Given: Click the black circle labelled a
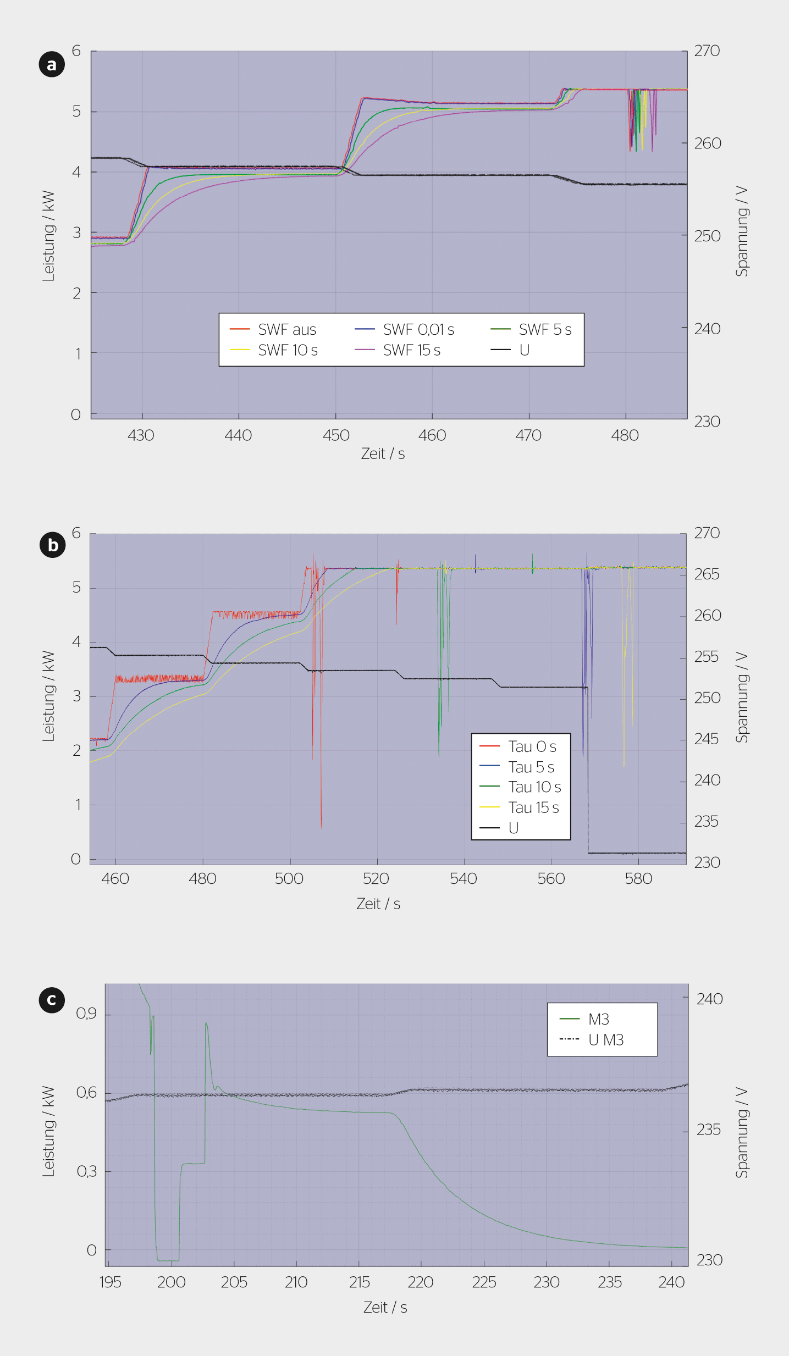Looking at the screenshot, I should [x=52, y=64].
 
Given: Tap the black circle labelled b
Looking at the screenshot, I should [x=52, y=545].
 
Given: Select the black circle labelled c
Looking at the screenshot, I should [x=52, y=999].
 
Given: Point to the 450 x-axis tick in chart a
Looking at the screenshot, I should [x=336, y=435].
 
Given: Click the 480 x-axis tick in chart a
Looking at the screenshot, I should [x=625, y=435].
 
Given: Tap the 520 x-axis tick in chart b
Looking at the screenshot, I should [x=376, y=878].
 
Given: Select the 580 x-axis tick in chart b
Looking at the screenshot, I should [x=638, y=878].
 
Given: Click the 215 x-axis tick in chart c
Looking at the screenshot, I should [x=359, y=1282].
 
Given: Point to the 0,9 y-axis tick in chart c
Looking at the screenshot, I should [x=86, y=1014].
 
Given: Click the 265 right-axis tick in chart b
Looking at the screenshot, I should [x=707, y=574].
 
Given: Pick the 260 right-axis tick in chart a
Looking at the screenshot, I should [x=707, y=143].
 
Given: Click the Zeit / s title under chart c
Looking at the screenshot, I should [x=385, y=1307].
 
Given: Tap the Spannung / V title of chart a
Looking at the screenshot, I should [x=742, y=231].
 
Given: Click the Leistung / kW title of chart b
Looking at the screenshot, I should [x=48, y=696].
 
